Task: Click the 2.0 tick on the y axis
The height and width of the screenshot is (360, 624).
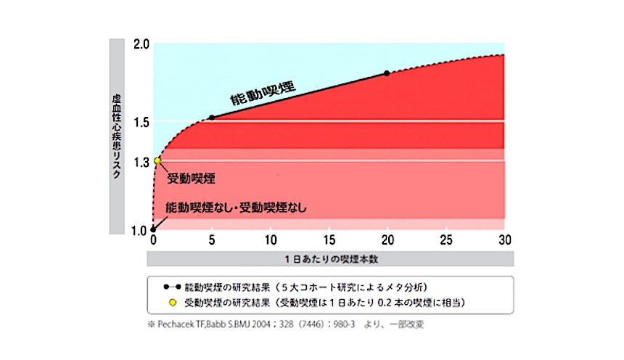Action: click(x=140, y=44)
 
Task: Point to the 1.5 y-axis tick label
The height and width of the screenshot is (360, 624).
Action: click(x=140, y=121)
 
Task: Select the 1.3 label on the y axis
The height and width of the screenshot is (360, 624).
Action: click(x=140, y=161)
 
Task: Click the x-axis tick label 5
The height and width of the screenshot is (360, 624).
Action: click(x=211, y=240)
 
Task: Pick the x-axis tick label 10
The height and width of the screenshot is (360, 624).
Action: click(x=270, y=240)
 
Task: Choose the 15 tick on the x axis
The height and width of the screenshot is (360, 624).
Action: click(x=329, y=240)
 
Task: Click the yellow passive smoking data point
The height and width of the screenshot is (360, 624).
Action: click(x=157, y=161)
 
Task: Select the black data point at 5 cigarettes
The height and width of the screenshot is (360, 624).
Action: click(x=211, y=118)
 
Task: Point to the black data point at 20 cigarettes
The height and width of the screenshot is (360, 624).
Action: click(x=387, y=73)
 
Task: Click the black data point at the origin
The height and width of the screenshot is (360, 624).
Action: click(x=153, y=229)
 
